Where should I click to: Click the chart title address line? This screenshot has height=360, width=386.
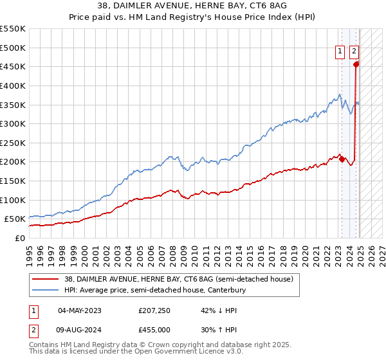coord(192,6)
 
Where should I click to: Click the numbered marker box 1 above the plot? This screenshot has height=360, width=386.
coord(339,53)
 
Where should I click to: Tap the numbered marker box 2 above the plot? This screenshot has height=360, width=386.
coord(354,53)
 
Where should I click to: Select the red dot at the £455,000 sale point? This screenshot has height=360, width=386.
coord(356,64)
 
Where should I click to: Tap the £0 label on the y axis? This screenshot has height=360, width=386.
coord(19,238)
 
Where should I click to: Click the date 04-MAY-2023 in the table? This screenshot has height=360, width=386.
coord(80,310)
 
